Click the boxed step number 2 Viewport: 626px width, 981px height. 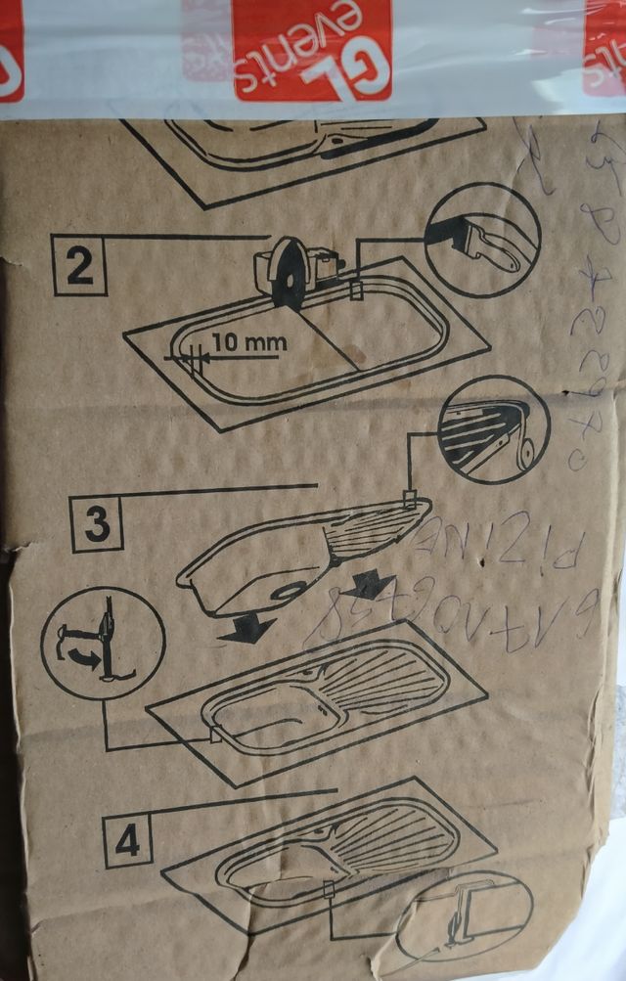79,266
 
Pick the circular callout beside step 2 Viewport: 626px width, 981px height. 483,241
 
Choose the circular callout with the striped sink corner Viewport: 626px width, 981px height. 494,430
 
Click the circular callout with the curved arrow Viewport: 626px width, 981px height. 102,643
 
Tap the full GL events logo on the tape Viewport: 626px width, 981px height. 312,49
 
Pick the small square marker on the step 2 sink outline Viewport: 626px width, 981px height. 355,290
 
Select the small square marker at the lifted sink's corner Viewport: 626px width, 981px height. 412,502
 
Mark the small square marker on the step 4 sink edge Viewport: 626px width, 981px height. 329,889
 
